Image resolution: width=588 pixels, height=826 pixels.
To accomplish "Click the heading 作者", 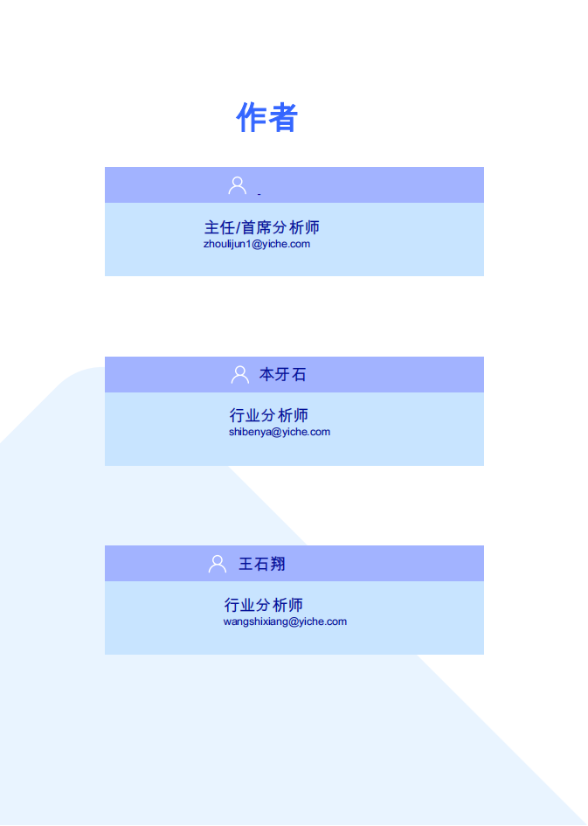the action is click(x=266, y=117).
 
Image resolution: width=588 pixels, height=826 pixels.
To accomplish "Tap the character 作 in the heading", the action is click(x=251, y=117).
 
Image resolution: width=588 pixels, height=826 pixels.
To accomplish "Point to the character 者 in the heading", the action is click(x=283, y=117).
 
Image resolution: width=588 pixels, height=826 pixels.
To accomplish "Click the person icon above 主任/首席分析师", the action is click(x=238, y=185).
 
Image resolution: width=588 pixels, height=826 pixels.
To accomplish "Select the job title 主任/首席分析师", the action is click(x=261, y=227).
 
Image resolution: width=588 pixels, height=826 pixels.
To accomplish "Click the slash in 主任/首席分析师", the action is click(x=238, y=227).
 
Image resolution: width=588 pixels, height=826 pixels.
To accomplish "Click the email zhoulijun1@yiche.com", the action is click(x=257, y=244).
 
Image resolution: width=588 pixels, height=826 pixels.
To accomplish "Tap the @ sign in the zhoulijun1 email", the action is click(x=257, y=244).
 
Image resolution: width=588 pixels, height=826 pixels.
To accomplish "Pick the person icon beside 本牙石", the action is click(x=240, y=375).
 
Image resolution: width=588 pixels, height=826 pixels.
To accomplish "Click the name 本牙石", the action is click(x=282, y=375).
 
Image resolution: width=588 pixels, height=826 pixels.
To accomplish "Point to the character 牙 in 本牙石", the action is click(x=283, y=375).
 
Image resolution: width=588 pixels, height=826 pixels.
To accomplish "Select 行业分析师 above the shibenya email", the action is click(x=268, y=415).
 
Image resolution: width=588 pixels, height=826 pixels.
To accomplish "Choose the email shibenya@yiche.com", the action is click(x=280, y=432).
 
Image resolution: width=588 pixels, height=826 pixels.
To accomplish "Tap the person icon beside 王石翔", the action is click(x=218, y=564).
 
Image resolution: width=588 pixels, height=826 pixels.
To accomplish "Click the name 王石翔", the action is click(x=262, y=564).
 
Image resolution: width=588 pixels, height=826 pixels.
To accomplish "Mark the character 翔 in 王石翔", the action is click(x=278, y=564).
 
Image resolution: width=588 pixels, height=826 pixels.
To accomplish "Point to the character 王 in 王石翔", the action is click(x=246, y=564).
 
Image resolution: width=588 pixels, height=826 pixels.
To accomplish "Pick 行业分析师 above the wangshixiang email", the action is click(x=264, y=605).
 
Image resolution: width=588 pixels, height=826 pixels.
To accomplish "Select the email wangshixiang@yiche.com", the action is click(x=285, y=621).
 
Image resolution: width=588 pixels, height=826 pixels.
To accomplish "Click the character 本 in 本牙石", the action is click(x=266, y=375).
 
